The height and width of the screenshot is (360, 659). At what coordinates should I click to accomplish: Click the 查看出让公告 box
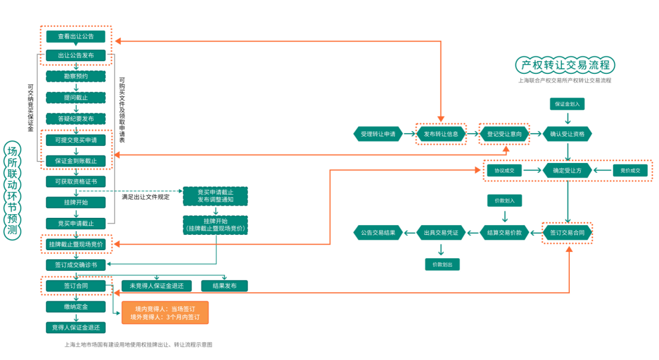click(76, 37)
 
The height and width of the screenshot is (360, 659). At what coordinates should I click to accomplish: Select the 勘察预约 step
click(76, 76)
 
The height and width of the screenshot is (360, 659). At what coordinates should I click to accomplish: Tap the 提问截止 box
click(76, 98)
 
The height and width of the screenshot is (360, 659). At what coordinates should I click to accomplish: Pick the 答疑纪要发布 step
click(76, 118)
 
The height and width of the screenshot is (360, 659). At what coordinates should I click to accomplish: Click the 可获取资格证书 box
click(76, 181)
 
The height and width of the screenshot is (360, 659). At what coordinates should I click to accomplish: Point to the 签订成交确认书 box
click(76, 265)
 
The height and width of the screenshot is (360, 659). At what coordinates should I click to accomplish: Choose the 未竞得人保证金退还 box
click(156, 286)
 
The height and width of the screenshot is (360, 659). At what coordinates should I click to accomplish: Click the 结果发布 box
click(225, 286)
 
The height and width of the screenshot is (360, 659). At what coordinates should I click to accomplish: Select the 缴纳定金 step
click(76, 306)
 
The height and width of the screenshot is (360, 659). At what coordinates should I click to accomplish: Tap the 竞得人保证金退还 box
click(76, 328)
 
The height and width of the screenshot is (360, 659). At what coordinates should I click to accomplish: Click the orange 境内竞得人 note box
click(165, 312)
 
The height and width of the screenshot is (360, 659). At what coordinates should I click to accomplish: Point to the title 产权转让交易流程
click(565, 65)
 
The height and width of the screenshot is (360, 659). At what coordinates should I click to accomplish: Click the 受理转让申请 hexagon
click(378, 134)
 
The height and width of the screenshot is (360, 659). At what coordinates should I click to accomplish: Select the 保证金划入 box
click(567, 104)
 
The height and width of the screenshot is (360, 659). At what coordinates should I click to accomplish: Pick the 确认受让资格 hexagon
click(567, 134)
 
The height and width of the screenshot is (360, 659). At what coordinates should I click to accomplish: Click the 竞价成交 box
click(630, 171)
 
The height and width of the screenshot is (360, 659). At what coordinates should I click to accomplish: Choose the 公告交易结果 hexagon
click(378, 232)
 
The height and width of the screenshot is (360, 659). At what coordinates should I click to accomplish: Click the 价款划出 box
click(442, 264)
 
